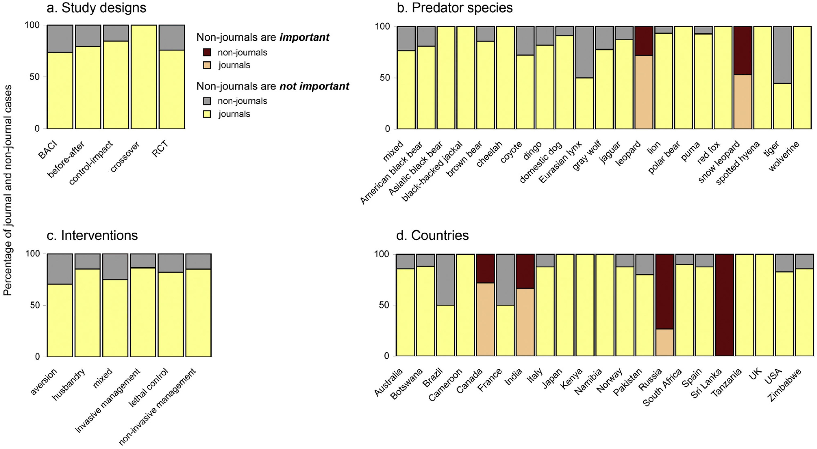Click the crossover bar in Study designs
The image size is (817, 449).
point(144,77)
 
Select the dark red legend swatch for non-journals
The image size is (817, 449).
point(207,52)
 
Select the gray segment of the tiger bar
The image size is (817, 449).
point(782,55)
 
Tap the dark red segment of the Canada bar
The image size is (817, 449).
point(485,268)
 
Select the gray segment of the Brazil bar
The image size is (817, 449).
point(446,279)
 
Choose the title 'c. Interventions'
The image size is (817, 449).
point(92,236)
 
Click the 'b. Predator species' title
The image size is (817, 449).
point(455,8)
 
